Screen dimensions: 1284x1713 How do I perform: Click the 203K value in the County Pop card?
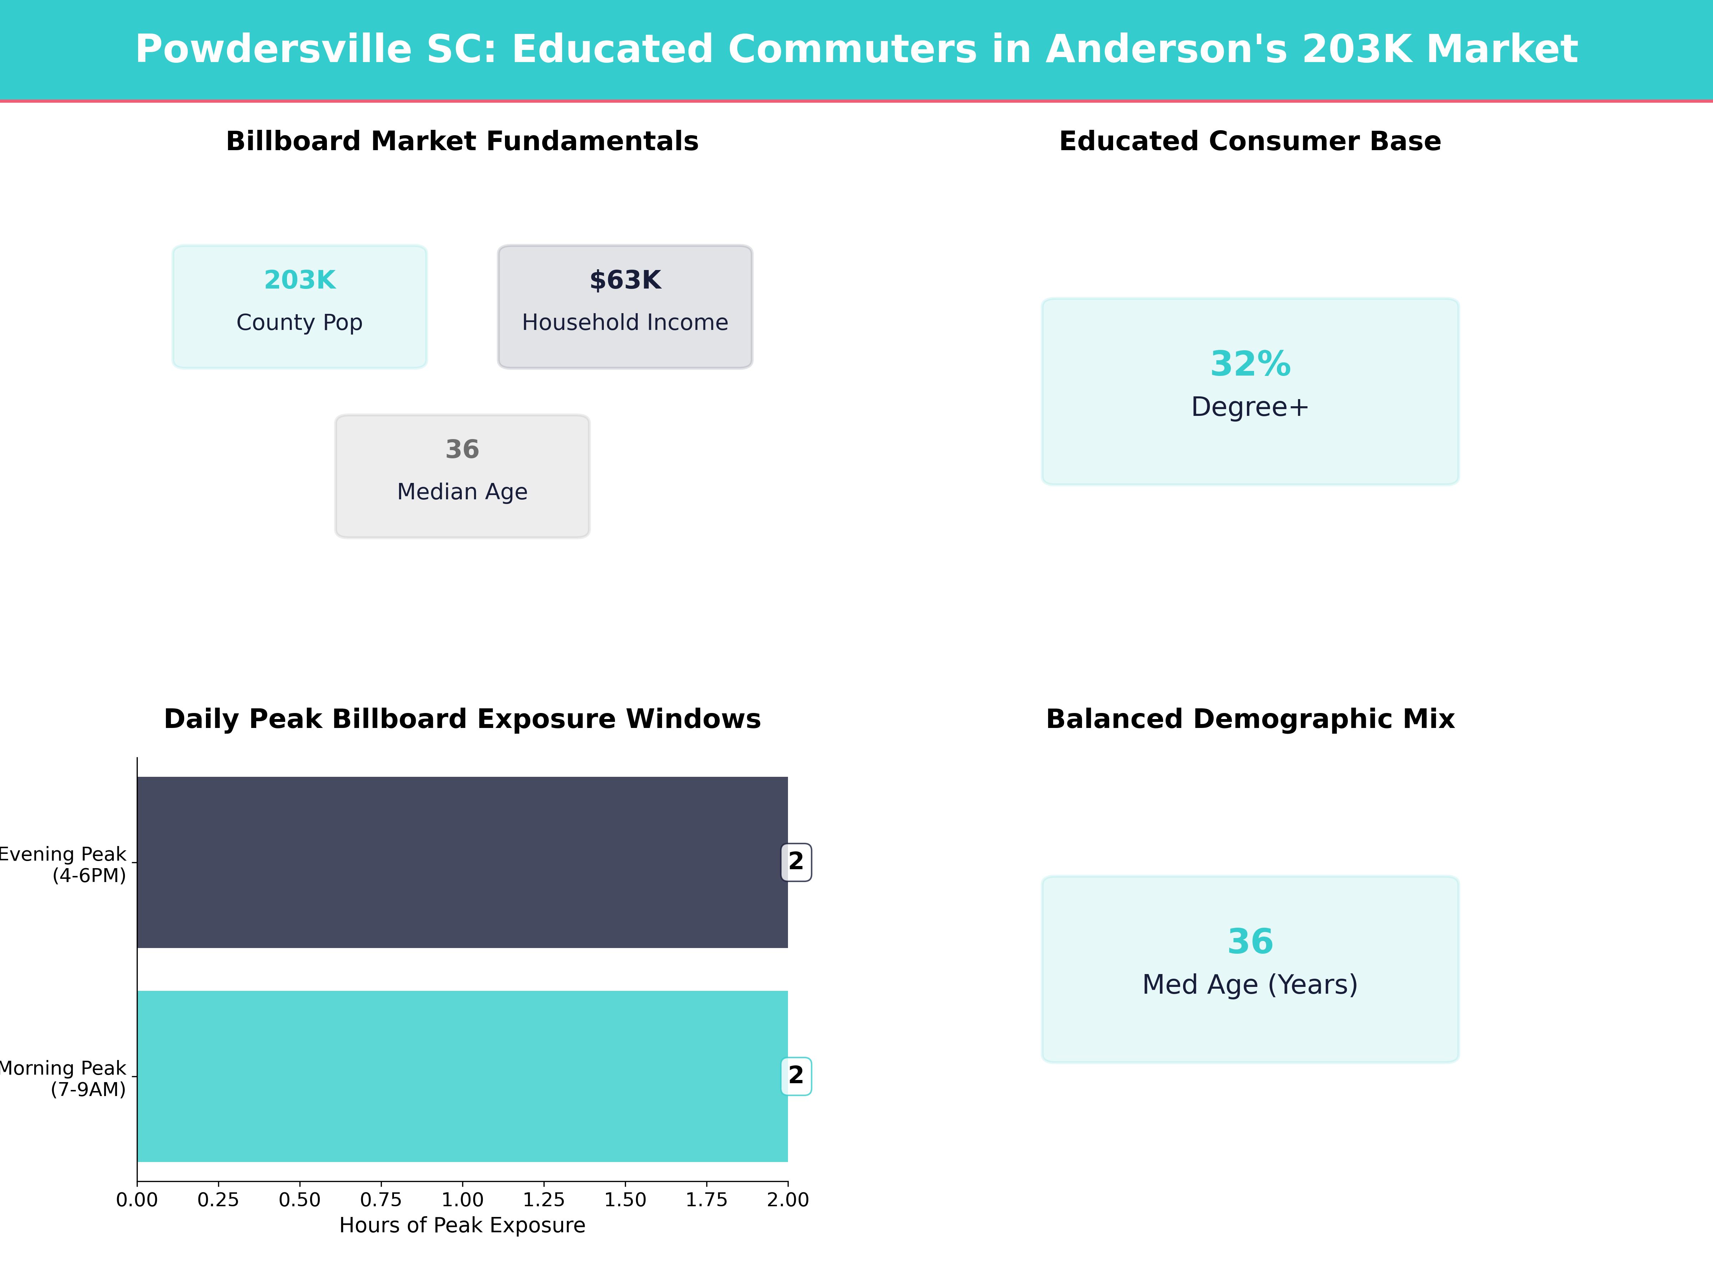300,280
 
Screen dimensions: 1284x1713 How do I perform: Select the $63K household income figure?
625,280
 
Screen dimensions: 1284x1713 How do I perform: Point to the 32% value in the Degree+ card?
1250,364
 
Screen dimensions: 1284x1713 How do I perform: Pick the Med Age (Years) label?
1250,984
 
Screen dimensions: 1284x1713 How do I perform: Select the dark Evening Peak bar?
462,862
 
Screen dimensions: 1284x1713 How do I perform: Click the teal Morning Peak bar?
462,1076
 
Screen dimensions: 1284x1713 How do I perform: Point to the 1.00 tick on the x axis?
462,1199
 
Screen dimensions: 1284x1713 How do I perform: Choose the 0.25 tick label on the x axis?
218,1199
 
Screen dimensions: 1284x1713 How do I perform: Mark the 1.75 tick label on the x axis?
706,1199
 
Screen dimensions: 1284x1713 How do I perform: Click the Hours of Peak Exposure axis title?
462,1225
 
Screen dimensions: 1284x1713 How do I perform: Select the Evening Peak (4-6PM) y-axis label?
64,865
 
